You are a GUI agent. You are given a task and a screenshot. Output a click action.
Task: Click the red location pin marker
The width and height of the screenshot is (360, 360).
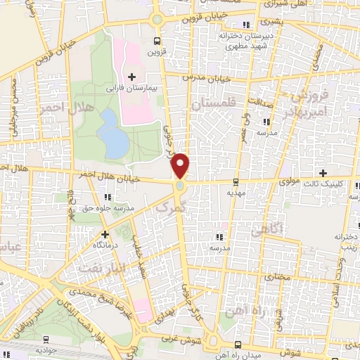(181, 165)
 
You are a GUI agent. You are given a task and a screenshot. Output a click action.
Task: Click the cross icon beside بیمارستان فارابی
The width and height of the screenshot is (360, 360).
(131, 76)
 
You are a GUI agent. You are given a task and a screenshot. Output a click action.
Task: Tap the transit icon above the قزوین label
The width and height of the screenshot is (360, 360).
(157, 41)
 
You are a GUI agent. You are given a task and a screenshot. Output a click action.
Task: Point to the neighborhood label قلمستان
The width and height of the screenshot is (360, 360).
(210, 104)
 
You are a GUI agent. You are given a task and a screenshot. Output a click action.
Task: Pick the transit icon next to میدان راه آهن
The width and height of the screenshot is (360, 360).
(237, 345)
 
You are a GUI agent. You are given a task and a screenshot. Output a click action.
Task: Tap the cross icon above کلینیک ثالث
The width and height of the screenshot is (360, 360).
(323, 173)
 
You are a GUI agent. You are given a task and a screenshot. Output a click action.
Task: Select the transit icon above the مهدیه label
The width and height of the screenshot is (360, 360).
(233, 179)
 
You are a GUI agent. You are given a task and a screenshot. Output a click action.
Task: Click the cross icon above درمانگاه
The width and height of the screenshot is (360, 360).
(105, 234)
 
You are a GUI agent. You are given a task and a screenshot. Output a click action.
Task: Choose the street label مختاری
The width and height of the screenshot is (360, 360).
(276, 259)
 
